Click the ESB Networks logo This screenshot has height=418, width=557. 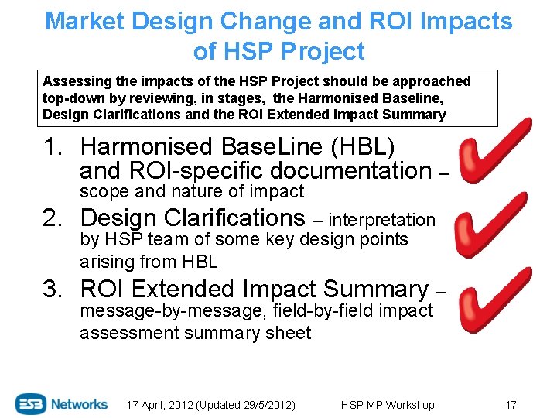click(x=62, y=404)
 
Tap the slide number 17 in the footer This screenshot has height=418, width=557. click(x=511, y=405)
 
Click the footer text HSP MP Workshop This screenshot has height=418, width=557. click(x=387, y=405)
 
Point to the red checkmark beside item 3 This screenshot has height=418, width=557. click(x=495, y=298)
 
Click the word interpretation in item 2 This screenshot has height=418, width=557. click(x=382, y=221)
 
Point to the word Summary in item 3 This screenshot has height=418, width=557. click(x=375, y=290)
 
